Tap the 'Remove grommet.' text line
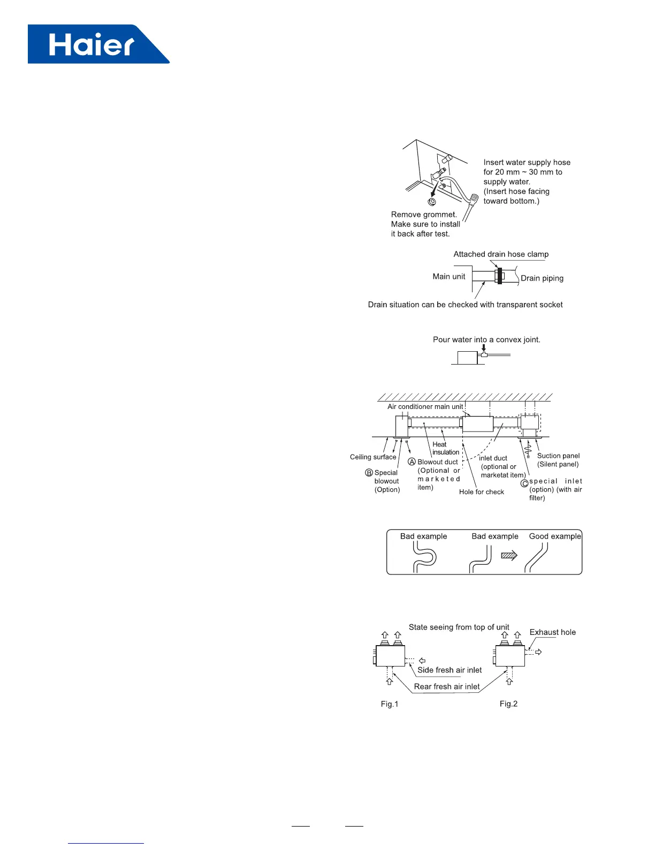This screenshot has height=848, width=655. click(x=424, y=215)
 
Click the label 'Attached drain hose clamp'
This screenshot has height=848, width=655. click(x=501, y=254)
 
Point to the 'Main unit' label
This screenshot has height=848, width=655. click(x=449, y=276)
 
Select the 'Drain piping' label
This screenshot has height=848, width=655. click(x=542, y=278)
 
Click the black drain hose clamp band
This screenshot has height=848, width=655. click(x=500, y=276)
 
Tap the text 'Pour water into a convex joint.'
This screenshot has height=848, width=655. click(x=486, y=339)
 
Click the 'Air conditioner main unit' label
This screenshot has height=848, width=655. click(x=425, y=407)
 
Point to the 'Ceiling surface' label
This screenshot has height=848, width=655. click(x=373, y=457)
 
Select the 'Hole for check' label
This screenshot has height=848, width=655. click(x=481, y=492)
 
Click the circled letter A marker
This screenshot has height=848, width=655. click(x=412, y=461)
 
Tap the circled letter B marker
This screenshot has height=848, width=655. click(x=369, y=473)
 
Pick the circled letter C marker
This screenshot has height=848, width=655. click(x=524, y=483)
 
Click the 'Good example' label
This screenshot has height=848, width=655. click(x=555, y=536)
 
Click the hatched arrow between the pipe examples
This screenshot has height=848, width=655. click(x=509, y=556)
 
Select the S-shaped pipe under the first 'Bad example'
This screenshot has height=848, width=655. click(x=424, y=558)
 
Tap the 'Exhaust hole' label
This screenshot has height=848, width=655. click(x=552, y=632)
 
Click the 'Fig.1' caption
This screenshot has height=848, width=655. click(x=390, y=704)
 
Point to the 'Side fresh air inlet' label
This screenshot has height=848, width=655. click(x=450, y=670)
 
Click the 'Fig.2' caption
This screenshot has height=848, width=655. click(x=508, y=704)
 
